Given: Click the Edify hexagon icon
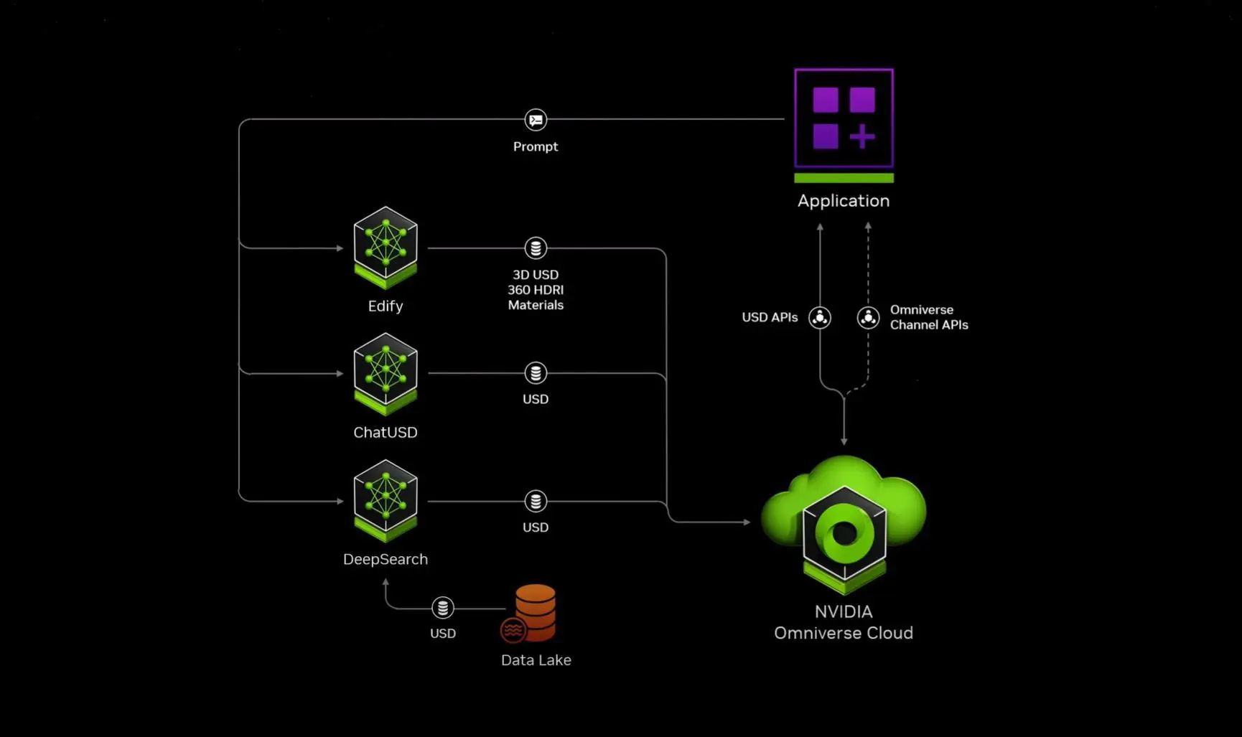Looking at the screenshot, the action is coord(386,248).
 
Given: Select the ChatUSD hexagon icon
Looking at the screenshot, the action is coord(386,374).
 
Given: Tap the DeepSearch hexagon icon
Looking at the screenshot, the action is coord(386,501).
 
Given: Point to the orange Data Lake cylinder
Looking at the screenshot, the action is coord(535,612).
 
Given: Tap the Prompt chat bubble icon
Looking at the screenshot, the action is coord(536,120).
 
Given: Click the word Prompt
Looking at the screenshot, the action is coord(536,146).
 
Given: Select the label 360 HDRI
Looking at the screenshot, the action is coord(536,290).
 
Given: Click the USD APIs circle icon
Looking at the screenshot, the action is coord(820,317).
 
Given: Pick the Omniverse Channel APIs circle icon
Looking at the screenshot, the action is coord(868,317).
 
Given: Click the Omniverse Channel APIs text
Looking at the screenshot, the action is coord(929,317).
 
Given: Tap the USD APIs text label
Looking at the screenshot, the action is coord(770,317).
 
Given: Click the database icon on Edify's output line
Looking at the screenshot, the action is coord(536,248).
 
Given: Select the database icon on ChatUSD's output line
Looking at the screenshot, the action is coord(536,373).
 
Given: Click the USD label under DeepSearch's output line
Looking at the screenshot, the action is coord(536,527).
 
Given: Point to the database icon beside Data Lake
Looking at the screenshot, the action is coord(443,608).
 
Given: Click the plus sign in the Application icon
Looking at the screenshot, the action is coord(862,136).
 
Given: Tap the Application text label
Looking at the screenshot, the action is coord(844,201).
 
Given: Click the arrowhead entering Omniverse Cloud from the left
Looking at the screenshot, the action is coord(747,522).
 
